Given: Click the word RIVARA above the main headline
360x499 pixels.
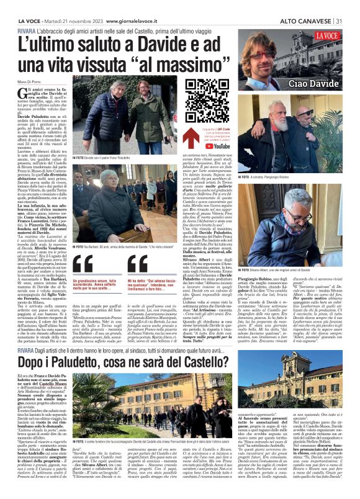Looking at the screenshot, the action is coord(26,30).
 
